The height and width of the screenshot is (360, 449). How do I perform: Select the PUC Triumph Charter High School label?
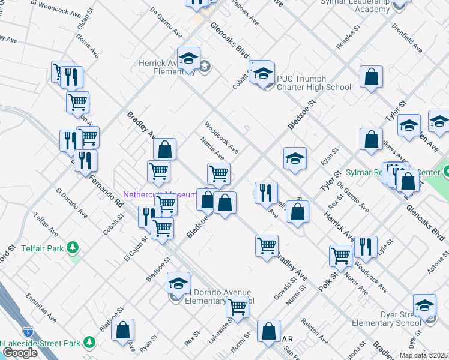(313, 83)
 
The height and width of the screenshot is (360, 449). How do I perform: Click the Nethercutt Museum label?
(160, 194)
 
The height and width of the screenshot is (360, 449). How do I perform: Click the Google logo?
(20, 353)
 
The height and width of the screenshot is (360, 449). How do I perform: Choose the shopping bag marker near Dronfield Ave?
(372, 77)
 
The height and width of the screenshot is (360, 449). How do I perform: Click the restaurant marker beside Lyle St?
(366, 246)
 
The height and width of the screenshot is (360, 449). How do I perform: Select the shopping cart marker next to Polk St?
(341, 255)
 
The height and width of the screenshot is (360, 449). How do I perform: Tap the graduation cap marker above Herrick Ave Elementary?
(189, 58)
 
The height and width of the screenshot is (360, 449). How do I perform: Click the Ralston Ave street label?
(315, 331)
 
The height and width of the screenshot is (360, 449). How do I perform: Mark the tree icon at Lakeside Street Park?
(89, 342)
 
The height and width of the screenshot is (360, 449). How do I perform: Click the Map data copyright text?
(423, 355)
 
